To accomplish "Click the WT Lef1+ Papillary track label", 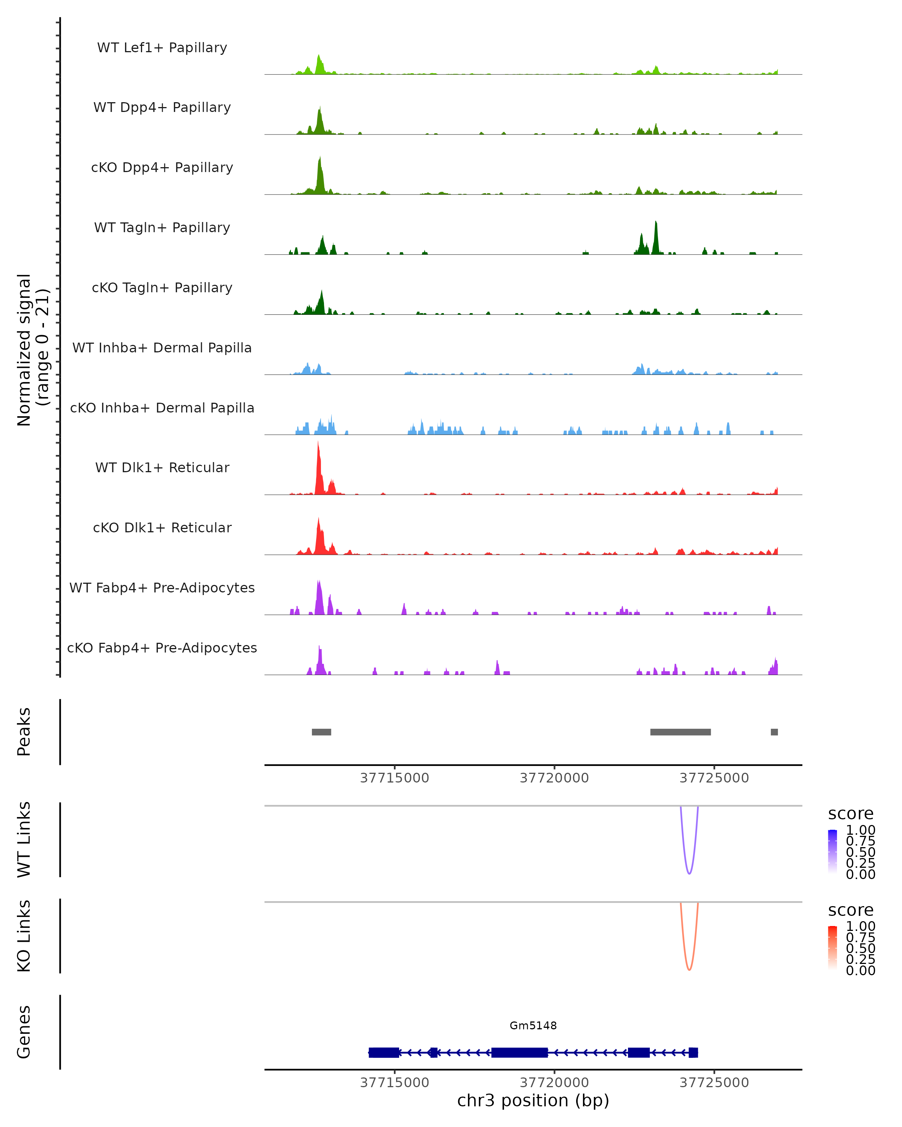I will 162,48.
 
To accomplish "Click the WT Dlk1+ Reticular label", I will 162,467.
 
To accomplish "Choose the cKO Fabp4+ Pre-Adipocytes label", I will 162,648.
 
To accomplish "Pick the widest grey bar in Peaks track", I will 680,732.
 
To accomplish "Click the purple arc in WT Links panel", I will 689,873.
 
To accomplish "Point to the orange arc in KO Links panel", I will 689,970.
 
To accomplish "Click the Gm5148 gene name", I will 533,1026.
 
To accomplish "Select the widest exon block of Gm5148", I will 519,1052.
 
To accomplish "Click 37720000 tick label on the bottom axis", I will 554,1083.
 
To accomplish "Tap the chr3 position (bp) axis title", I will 533,1101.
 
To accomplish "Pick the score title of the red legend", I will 851,910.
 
